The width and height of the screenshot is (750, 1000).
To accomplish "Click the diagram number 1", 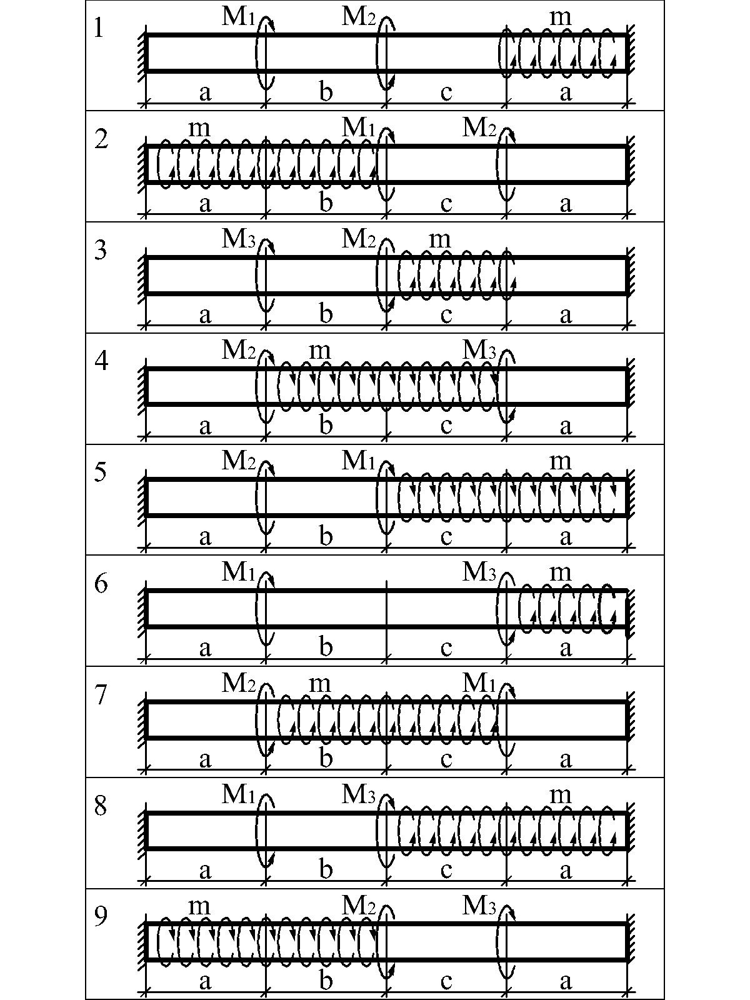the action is point(99,28).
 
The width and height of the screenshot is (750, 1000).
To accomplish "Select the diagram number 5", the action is point(101,471).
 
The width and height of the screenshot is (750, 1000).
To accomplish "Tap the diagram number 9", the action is point(101,917).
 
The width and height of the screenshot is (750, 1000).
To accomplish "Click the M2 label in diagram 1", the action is point(358,17).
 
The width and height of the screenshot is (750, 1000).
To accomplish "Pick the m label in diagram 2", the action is point(199,129).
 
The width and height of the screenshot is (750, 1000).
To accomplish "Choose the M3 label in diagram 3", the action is point(238,239).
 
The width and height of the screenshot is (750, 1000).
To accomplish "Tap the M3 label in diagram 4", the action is point(479,351).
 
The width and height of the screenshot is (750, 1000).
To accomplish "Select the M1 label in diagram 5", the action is point(358,461).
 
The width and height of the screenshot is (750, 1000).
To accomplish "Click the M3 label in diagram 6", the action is point(479,572).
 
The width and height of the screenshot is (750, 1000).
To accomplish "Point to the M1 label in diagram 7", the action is point(479,684).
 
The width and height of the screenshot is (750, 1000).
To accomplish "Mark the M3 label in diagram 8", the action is point(358,795).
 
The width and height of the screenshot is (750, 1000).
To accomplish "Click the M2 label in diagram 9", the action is point(358,906).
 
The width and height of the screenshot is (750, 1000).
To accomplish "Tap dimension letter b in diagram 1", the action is point(326,92).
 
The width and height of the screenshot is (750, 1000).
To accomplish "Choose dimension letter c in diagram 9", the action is point(446,983).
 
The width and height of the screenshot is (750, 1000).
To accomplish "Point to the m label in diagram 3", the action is point(441,240).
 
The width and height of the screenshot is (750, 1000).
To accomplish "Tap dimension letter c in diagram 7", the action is point(446,761).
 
